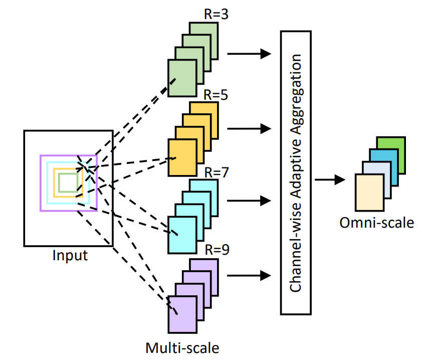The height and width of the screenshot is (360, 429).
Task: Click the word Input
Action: pyautogui.click(x=70, y=255)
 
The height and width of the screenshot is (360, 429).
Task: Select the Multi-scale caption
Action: pyautogui.click(x=182, y=347)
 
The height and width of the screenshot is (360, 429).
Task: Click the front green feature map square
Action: pyautogui.click(x=181, y=78)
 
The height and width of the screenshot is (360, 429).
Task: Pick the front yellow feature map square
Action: pyautogui.click(x=181, y=157)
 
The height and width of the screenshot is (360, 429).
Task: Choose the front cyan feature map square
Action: pyautogui.click(x=181, y=235)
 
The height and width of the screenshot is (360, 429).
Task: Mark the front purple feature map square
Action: pyautogui.click(x=181, y=314)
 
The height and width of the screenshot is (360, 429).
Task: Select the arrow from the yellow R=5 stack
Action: pyautogui.click(x=249, y=129)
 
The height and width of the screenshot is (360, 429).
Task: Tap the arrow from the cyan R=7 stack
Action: pyautogui.click(x=249, y=201)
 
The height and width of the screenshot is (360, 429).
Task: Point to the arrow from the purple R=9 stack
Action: pyautogui.click(x=249, y=275)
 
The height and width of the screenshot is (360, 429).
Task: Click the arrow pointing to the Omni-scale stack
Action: pyautogui.click(x=330, y=179)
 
